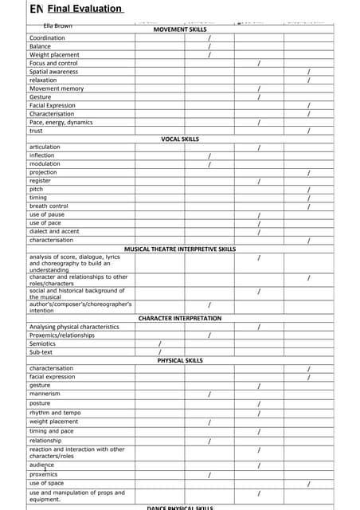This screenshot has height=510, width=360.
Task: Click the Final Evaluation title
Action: [84, 9]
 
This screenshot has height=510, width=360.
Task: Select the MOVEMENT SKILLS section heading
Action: [180, 29]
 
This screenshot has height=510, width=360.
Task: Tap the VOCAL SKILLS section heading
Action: [180, 139]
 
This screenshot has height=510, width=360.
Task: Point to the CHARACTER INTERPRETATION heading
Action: [180, 318]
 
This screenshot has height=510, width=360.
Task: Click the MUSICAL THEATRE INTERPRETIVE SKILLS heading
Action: [180, 249]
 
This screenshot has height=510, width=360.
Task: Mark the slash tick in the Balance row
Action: [209, 47]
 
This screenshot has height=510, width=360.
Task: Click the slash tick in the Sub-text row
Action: [160, 351]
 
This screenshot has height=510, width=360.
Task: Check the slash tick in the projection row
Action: [308, 173]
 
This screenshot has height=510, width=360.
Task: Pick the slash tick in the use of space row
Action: [308, 484]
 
